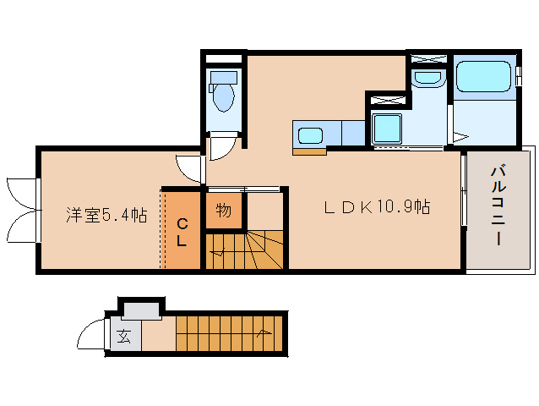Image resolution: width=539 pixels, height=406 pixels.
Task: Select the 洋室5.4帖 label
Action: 106,215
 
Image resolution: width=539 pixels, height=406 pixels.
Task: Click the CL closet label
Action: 182,230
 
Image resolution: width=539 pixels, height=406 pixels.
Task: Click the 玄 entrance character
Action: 123,337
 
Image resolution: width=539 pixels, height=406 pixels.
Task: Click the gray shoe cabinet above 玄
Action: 140,310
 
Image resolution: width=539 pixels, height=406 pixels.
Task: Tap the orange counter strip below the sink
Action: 309,152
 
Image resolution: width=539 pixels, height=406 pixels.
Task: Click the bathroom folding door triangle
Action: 460,134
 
